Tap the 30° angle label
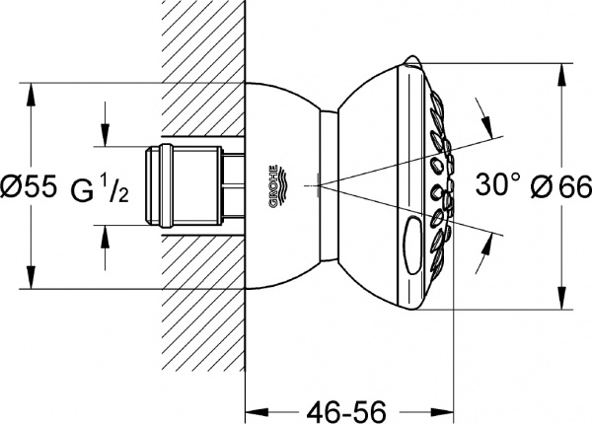coord(497,183)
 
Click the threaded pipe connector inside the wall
coord(192,184)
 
